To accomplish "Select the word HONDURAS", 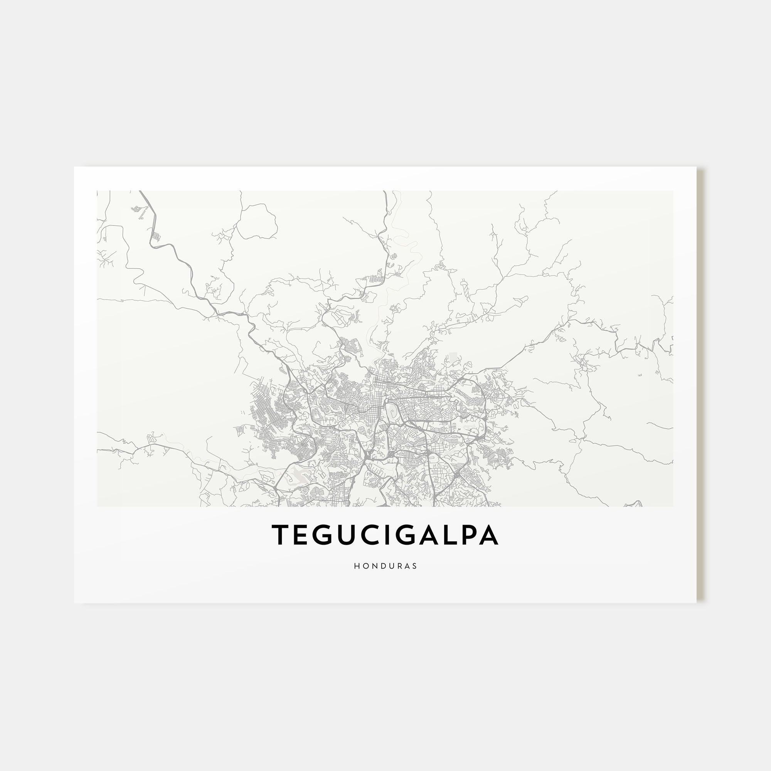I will tap(385, 566).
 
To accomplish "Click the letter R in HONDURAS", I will tap(399, 566).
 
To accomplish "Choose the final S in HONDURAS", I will tap(415, 566).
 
